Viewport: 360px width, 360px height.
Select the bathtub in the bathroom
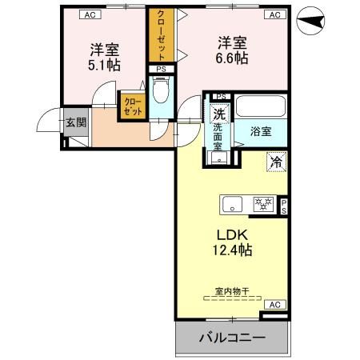(258, 107)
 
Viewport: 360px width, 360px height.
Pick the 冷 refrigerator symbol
(275, 162)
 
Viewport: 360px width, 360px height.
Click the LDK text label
(231, 234)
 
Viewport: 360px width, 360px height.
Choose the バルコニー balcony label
(231, 338)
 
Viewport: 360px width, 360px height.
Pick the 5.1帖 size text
(104, 65)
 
